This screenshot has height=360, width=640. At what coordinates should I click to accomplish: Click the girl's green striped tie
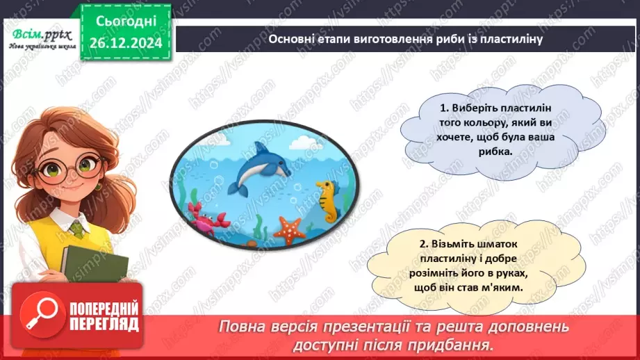pyautogui.click(x=77, y=229)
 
